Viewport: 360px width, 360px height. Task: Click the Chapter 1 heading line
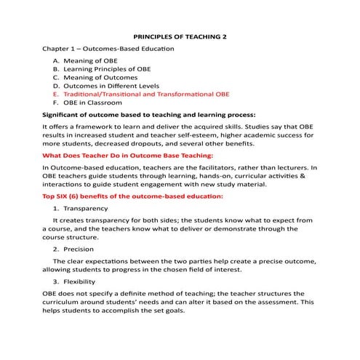tap(103, 49)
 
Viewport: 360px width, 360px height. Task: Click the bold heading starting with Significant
tap(149, 115)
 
